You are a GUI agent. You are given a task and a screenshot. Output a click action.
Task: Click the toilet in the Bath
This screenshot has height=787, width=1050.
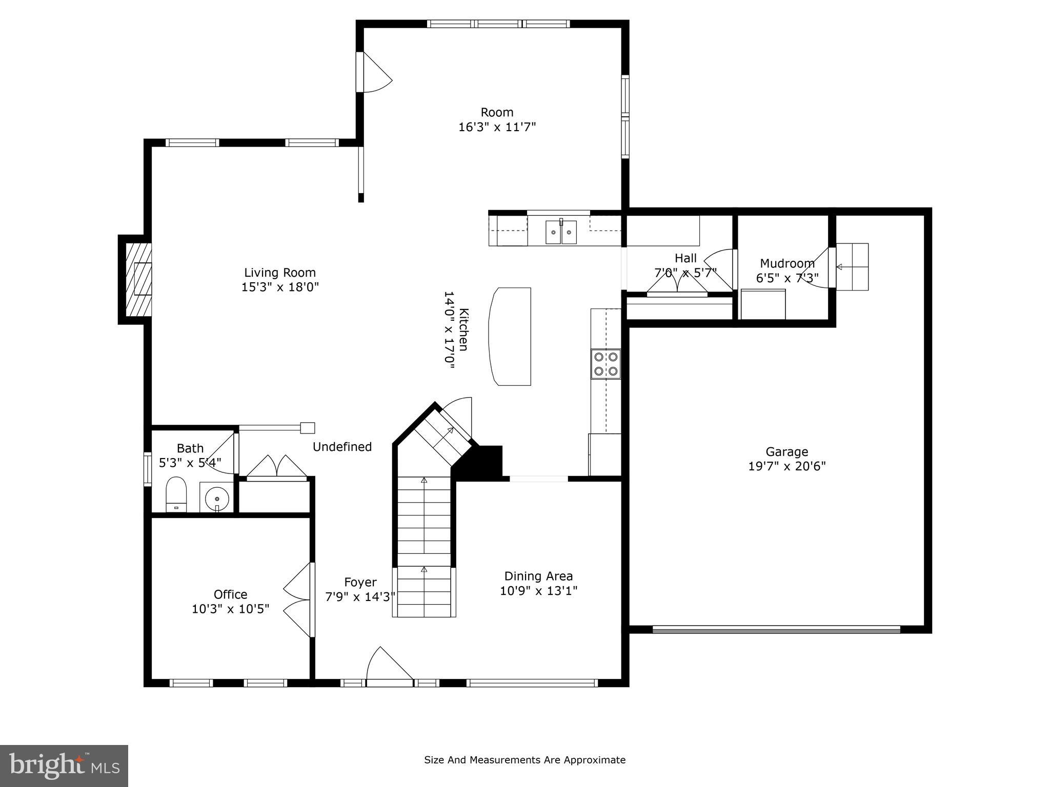tap(176, 493)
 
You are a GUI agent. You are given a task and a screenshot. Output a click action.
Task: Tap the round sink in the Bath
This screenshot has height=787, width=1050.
tap(217, 498)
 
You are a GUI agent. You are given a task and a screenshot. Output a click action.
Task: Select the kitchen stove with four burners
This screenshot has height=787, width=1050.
tap(605, 364)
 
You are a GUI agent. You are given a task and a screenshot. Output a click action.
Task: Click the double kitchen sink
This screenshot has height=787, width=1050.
tap(561, 232)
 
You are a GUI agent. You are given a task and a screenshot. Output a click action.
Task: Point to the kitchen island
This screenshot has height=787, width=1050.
tap(510, 336)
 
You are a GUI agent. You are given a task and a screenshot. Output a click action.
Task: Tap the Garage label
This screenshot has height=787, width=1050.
tap(786, 452)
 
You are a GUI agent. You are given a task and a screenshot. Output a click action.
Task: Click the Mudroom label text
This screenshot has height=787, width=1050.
tap(787, 263)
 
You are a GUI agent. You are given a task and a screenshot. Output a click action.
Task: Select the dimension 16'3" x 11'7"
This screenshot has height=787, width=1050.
tap(497, 127)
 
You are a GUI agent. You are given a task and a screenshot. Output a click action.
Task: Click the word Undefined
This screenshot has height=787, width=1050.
tap(342, 447)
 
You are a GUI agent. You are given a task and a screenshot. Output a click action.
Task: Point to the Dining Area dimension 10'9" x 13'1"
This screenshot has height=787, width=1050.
tap(538, 591)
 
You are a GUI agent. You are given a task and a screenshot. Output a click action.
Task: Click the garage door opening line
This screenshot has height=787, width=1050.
tap(776, 629)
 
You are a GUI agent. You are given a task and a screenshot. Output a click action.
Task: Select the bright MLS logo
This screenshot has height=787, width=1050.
tap(64, 765)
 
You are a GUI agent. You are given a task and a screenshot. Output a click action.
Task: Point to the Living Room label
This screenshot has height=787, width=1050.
tap(279, 273)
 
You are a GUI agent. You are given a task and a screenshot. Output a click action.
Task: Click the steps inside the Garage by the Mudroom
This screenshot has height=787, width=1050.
tap(853, 266)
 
